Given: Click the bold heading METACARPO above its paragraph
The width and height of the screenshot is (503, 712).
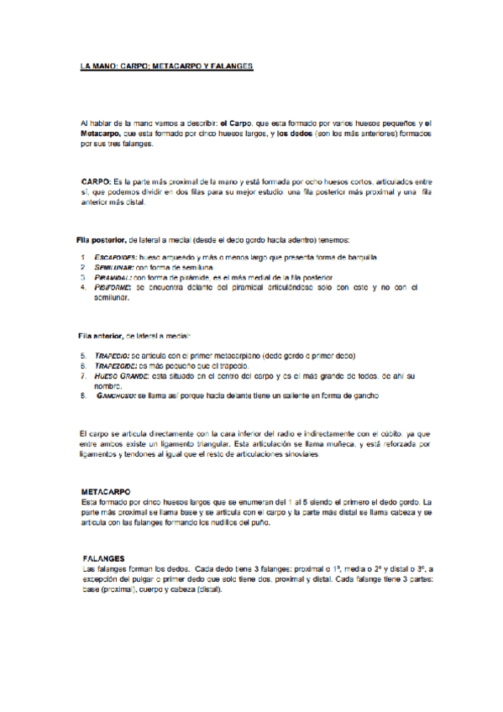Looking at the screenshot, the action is (x=106, y=490).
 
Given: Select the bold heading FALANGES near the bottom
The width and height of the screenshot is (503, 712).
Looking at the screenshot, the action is (x=104, y=558).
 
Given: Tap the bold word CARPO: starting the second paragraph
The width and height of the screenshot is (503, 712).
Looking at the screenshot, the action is (x=96, y=181).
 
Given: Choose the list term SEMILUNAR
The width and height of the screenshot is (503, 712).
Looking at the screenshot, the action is (x=112, y=266).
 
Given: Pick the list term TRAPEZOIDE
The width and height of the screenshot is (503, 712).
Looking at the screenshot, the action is (x=115, y=366).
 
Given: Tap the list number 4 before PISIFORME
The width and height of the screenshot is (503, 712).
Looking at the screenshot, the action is (x=83, y=287).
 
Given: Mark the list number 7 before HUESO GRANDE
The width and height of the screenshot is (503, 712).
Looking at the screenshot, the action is (x=83, y=376).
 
